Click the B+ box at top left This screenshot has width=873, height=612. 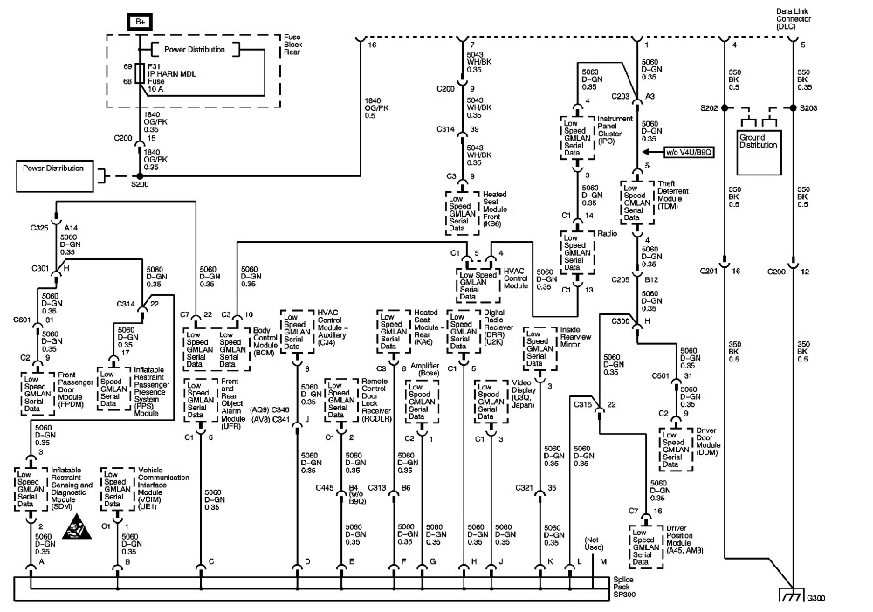[140, 22]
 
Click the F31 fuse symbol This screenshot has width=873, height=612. [140, 73]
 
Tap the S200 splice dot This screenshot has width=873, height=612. [140, 176]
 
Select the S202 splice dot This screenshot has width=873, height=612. [725, 107]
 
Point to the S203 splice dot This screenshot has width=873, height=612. [793, 107]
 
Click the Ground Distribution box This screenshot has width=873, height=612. [760, 153]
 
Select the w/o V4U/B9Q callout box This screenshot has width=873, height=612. [689, 151]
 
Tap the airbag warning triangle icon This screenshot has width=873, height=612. [77, 528]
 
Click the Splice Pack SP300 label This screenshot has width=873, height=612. [623, 587]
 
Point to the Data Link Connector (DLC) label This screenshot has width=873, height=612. [794, 19]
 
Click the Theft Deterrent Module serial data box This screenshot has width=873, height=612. [637, 202]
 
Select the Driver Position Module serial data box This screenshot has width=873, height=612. [646, 547]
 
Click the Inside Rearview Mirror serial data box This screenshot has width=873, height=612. [540, 348]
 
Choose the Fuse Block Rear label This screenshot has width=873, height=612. [292, 45]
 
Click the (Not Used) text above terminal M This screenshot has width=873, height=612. [594, 544]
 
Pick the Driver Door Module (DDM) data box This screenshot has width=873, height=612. [676, 450]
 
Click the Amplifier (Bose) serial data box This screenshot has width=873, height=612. [422, 402]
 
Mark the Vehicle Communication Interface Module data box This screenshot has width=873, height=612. [118, 489]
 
